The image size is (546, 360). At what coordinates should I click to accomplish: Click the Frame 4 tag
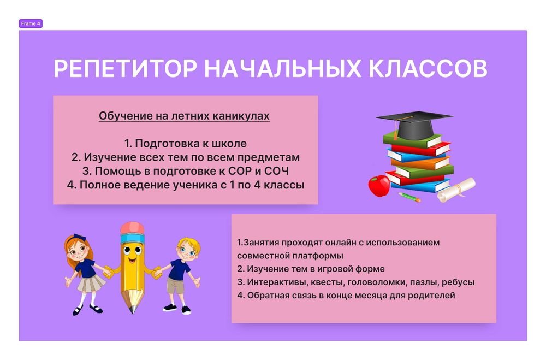[x=31, y=23]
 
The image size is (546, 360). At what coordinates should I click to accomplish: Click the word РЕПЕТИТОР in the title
[x=125, y=68]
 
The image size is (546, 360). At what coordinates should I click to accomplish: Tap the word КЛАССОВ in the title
[x=428, y=68]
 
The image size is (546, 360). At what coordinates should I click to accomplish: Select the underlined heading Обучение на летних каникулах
[x=184, y=116]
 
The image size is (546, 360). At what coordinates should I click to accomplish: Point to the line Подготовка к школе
[x=186, y=143]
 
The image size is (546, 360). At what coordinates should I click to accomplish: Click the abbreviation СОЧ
[x=276, y=171]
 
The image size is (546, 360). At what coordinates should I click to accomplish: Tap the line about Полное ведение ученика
[x=186, y=185]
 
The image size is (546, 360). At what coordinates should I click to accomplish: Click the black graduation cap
[x=414, y=125]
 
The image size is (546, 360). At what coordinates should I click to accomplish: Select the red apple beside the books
[x=379, y=185]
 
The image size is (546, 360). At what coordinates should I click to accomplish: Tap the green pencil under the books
[x=410, y=197]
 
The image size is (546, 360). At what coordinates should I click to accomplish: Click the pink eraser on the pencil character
[x=132, y=228]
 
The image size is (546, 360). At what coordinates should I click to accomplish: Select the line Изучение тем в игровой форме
[x=311, y=269]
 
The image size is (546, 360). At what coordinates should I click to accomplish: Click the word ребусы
[x=458, y=282]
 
